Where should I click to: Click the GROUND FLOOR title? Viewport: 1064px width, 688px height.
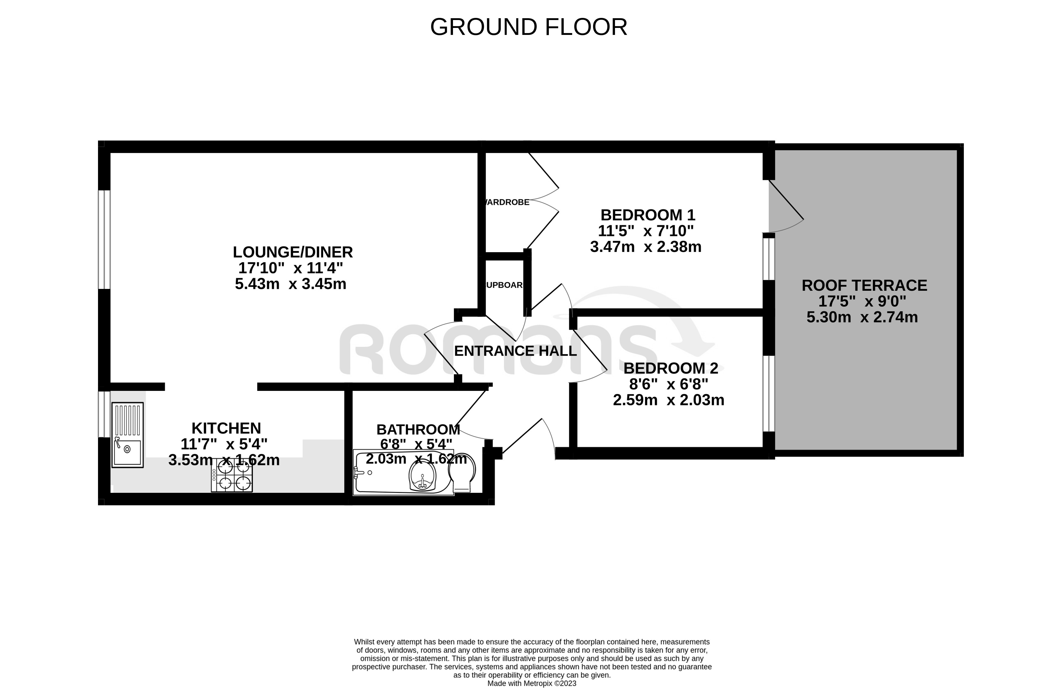[x=529, y=27]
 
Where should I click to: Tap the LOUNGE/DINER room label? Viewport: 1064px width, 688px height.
[x=292, y=252]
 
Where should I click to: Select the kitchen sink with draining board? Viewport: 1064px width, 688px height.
[x=128, y=435]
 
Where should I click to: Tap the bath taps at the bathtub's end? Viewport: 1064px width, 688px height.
[x=359, y=473]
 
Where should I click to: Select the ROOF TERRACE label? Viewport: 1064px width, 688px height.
[x=864, y=286]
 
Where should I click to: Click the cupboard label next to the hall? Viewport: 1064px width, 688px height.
[x=505, y=285]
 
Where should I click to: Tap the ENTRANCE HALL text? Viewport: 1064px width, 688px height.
[x=515, y=351]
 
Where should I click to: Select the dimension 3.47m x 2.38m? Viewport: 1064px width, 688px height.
[x=646, y=247]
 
